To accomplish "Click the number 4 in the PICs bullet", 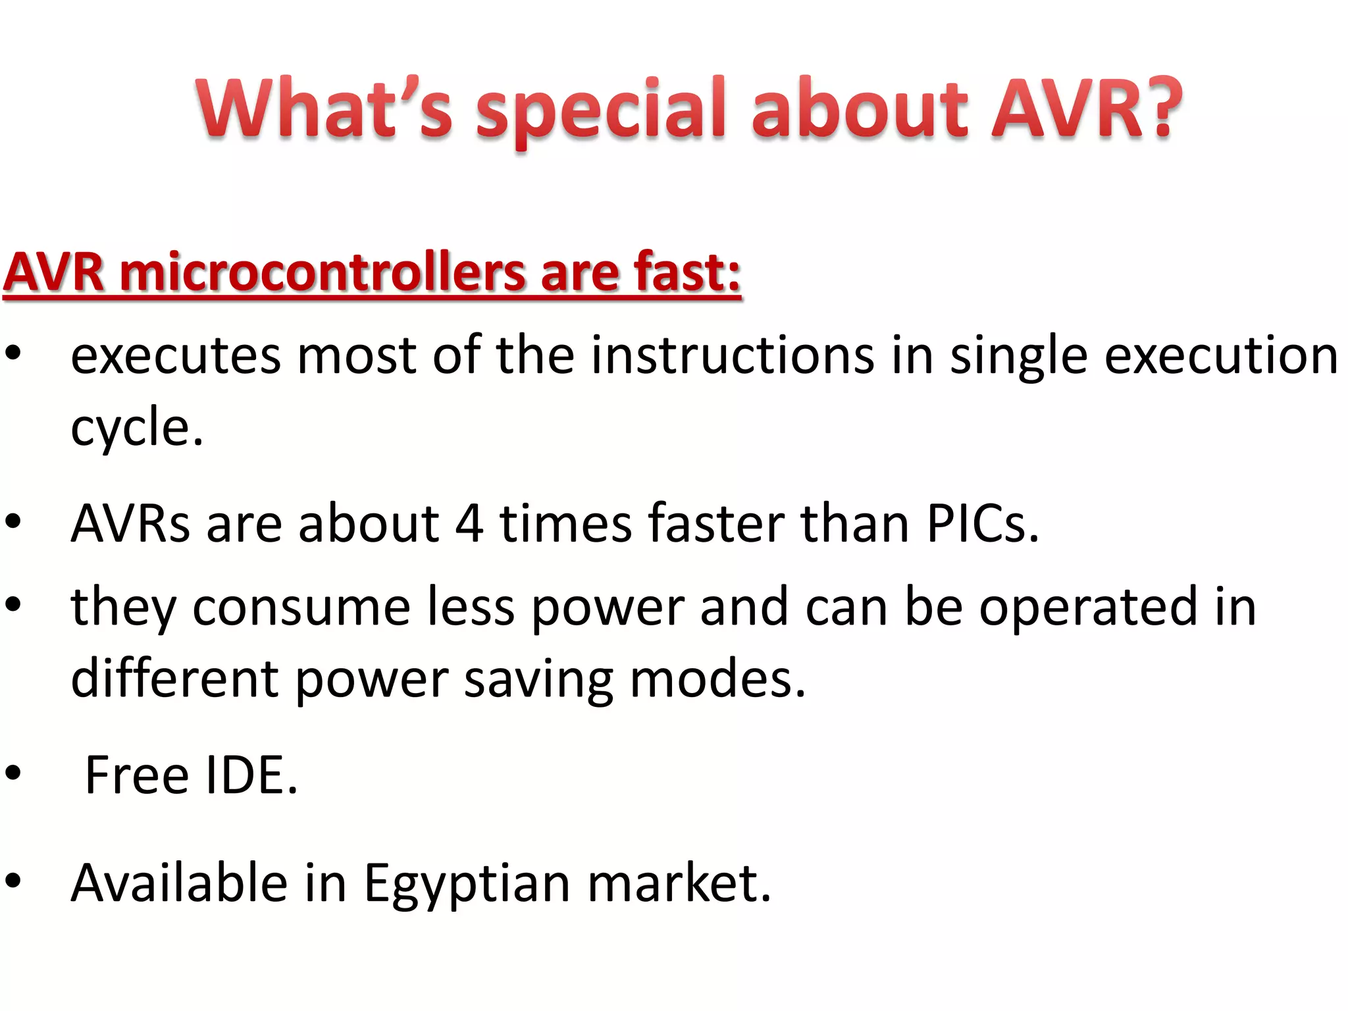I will pyautogui.click(x=469, y=524).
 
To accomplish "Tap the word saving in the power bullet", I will pyautogui.click(x=538, y=679).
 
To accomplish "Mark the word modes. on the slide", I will pyautogui.click(x=717, y=679).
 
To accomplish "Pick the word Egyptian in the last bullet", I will pyautogui.click(x=467, y=883).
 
